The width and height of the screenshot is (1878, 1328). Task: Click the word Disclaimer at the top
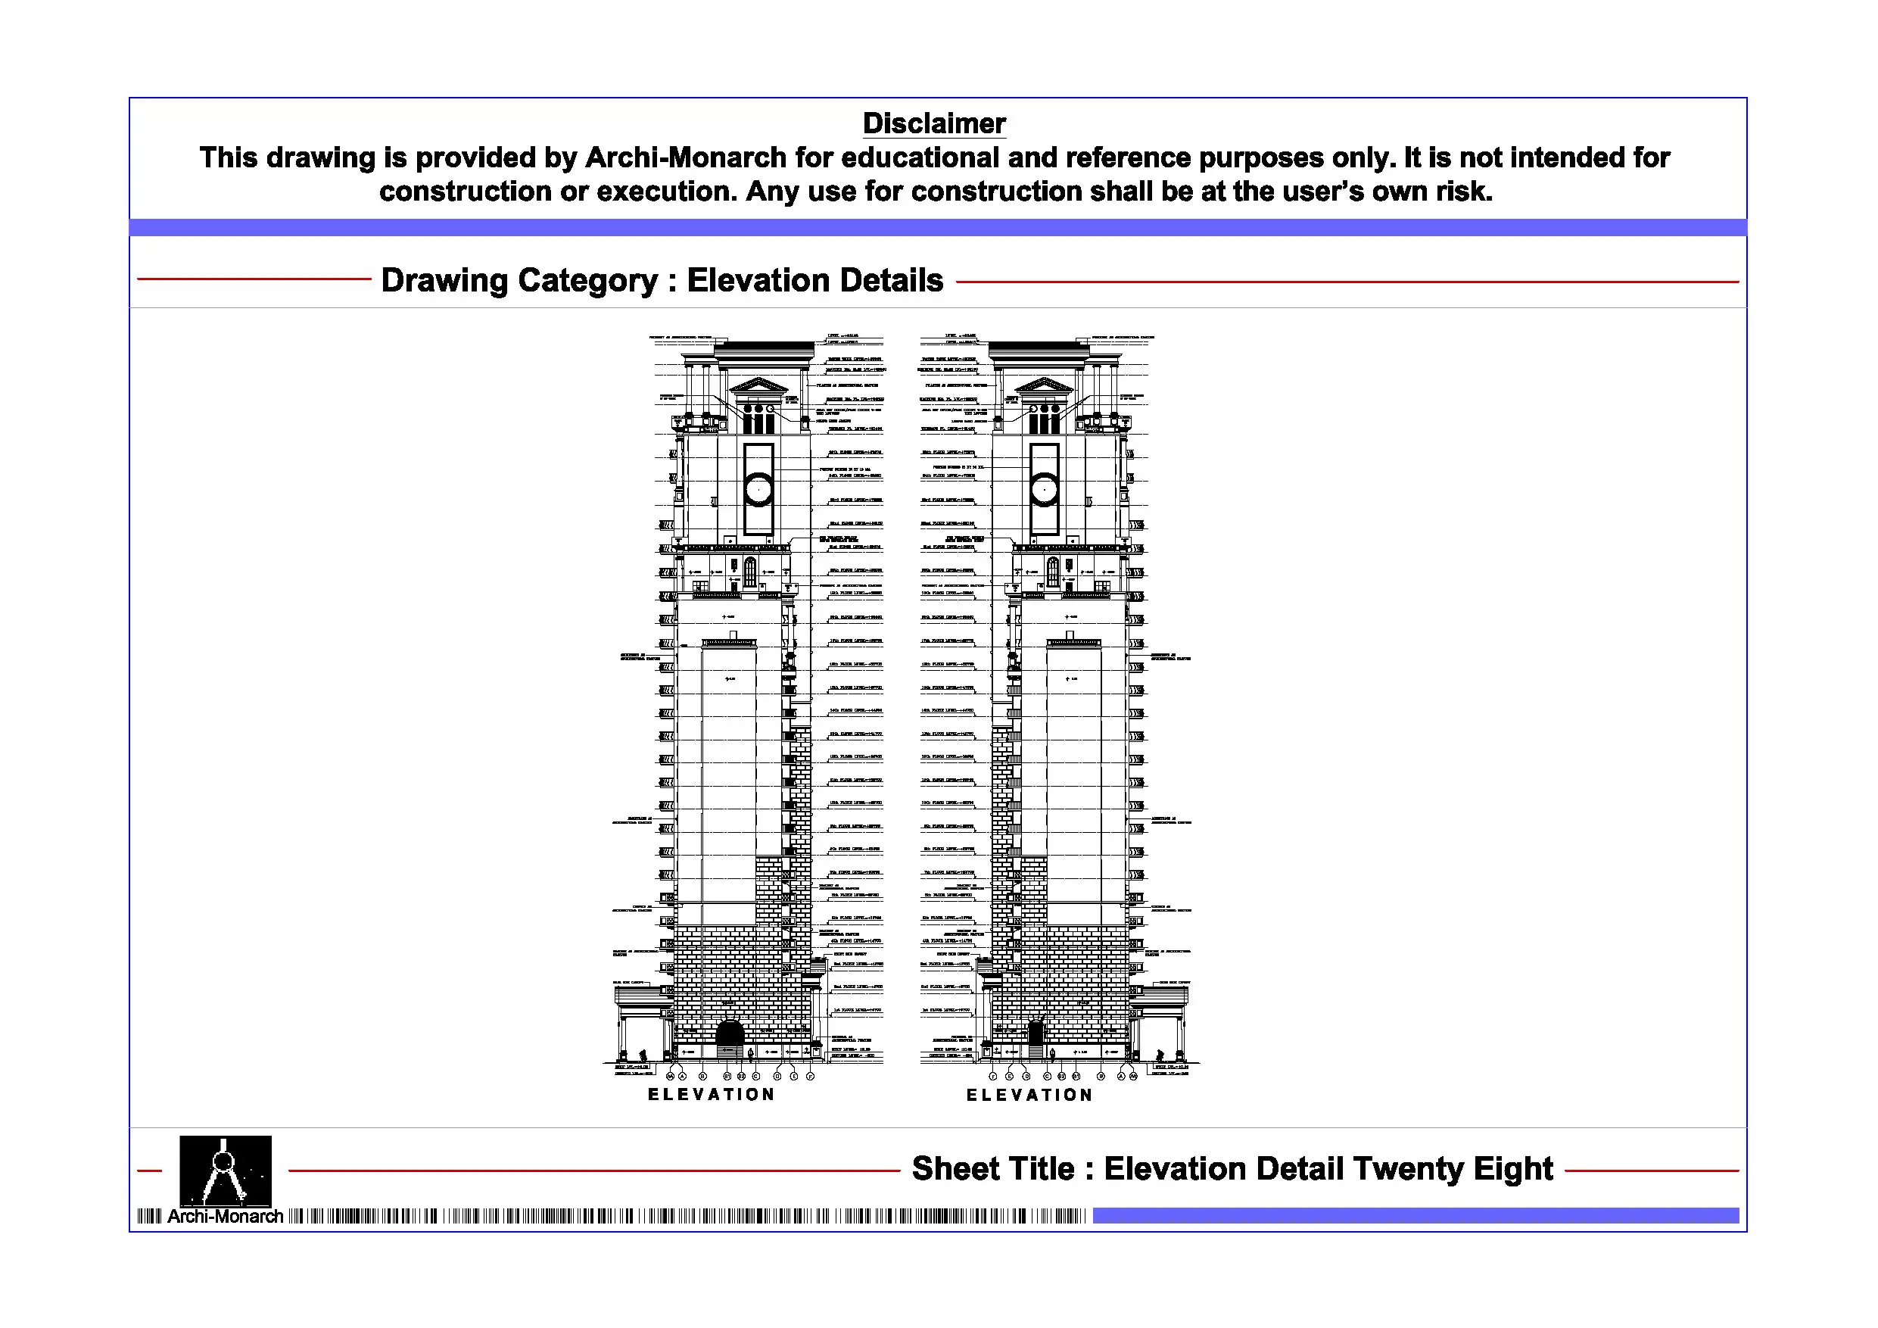coord(933,123)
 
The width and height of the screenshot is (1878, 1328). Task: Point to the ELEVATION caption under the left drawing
coord(711,1094)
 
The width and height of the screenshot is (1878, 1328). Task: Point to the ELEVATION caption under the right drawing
coord(1029,1095)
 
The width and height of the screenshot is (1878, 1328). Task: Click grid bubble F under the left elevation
coord(811,1076)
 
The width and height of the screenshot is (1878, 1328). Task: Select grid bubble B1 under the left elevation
coord(727,1076)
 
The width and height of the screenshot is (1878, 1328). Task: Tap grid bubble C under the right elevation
coord(1047,1076)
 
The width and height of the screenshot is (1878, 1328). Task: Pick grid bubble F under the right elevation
coord(993,1076)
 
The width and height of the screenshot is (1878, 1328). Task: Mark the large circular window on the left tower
coord(759,489)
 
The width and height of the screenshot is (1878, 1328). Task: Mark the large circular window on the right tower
coord(1044,489)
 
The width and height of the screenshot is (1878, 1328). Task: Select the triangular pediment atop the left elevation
coord(758,385)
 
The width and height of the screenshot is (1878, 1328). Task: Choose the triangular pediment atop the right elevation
coord(1044,385)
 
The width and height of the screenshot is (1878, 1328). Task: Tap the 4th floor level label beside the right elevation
coord(947,941)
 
